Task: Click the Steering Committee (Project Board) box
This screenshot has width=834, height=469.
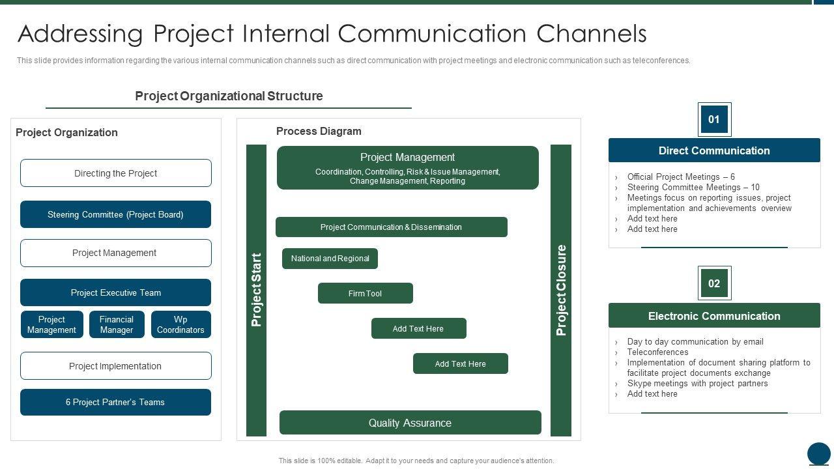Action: click(x=115, y=214)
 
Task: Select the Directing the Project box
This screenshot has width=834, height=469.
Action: click(x=116, y=173)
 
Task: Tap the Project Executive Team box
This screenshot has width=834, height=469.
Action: click(x=115, y=292)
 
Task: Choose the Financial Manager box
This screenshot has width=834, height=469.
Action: click(x=117, y=324)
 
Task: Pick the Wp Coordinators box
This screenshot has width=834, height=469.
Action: click(x=180, y=324)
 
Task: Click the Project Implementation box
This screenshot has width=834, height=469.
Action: click(x=116, y=366)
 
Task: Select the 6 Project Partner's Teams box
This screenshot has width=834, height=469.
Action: click(x=115, y=402)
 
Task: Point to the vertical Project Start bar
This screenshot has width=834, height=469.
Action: click(x=256, y=291)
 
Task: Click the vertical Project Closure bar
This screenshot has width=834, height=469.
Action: click(x=561, y=291)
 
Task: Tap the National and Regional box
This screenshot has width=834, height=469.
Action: click(x=330, y=259)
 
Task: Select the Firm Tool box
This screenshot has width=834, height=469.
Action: click(x=366, y=293)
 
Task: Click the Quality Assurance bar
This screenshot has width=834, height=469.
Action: click(x=410, y=423)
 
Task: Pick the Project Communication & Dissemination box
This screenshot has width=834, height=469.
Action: click(x=392, y=227)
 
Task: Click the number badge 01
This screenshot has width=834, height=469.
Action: click(x=714, y=119)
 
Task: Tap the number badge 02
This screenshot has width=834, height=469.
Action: click(x=714, y=283)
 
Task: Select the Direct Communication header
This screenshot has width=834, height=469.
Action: click(x=714, y=150)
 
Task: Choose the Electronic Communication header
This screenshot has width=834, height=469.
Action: click(x=714, y=316)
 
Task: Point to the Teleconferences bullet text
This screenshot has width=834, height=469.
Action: click(x=657, y=352)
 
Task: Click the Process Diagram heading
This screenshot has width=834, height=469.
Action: click(x=319, y=131)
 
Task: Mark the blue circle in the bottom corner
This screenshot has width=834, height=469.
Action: click(x=819, y=453)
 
